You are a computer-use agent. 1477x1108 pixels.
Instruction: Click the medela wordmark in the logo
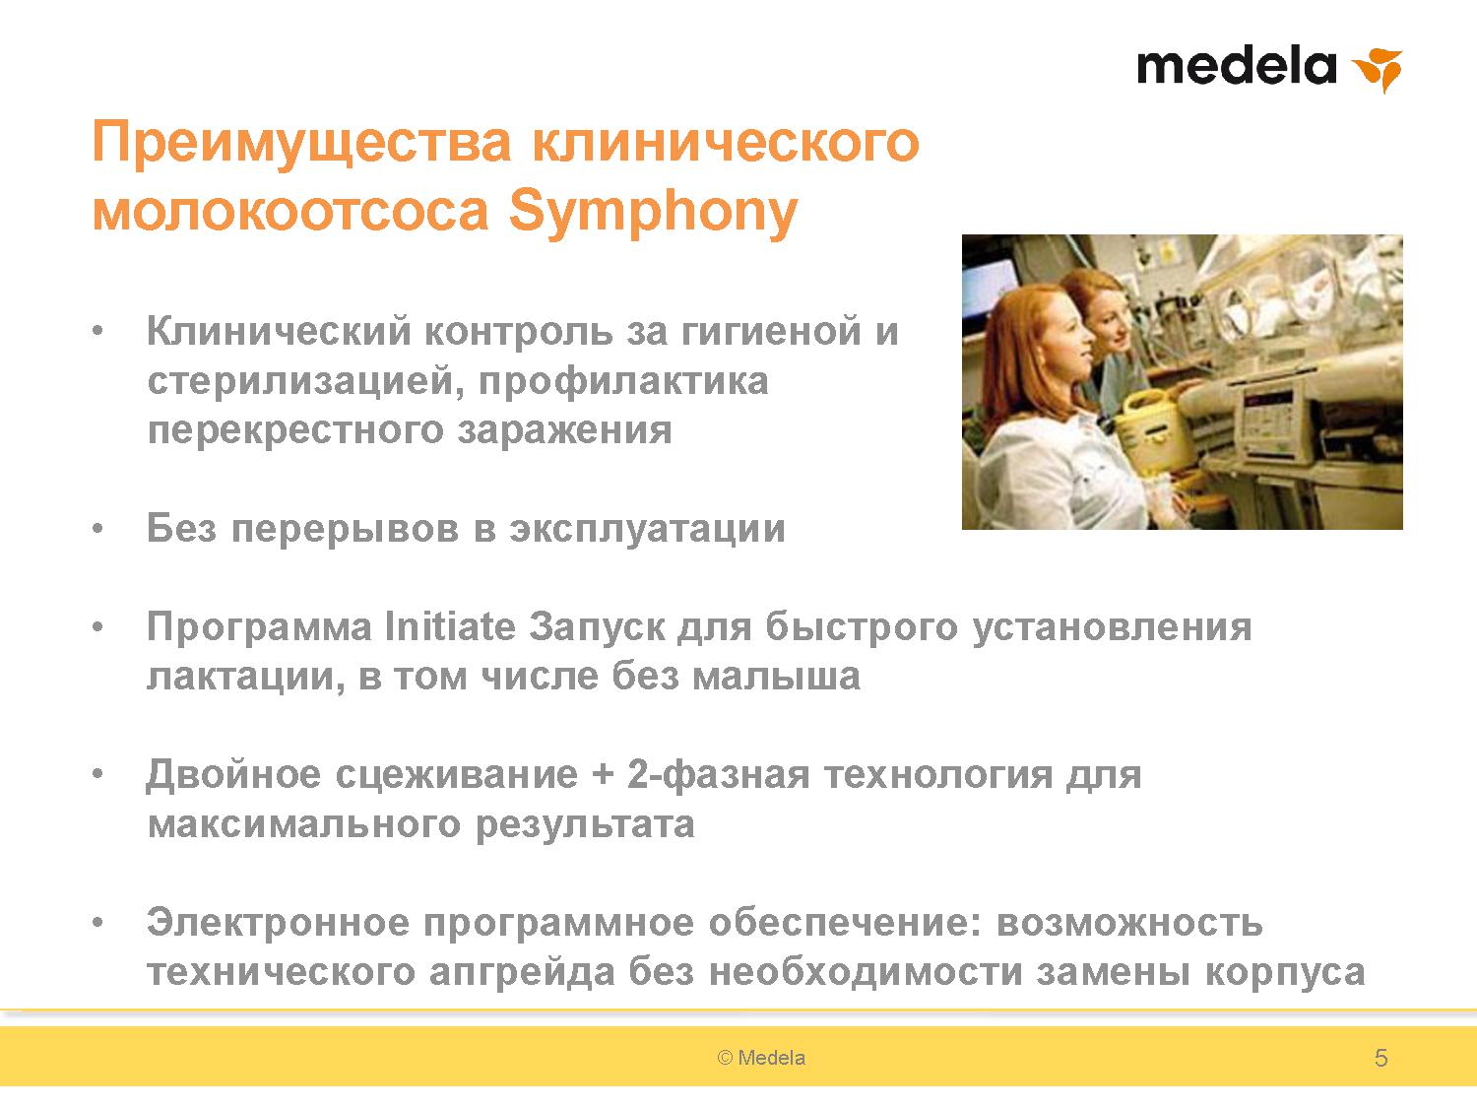(1236, 66)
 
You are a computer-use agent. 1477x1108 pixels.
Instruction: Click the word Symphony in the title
(653, 214)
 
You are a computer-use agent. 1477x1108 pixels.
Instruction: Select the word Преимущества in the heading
(302, 144)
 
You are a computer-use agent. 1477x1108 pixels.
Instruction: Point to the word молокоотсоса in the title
(290, 213)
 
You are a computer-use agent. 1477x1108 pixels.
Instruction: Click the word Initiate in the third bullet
(450, 626)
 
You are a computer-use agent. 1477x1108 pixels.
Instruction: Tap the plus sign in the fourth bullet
(603, 775)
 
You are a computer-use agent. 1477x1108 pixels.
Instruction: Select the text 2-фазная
(718, 775)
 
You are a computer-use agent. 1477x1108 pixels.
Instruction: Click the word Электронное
(278, 922)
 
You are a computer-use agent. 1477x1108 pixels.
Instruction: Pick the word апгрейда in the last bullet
(522, 973)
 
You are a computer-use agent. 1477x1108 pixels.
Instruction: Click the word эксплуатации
(647, 530)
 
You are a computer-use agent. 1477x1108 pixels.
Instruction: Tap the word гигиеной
(771, 332)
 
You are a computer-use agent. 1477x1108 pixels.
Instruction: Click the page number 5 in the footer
(1381, 1058)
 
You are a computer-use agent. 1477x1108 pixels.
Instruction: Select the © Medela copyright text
(761, 1058)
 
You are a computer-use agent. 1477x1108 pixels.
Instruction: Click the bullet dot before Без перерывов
(98, 529)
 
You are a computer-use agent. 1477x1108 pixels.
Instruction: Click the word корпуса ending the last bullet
(1285, 974)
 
